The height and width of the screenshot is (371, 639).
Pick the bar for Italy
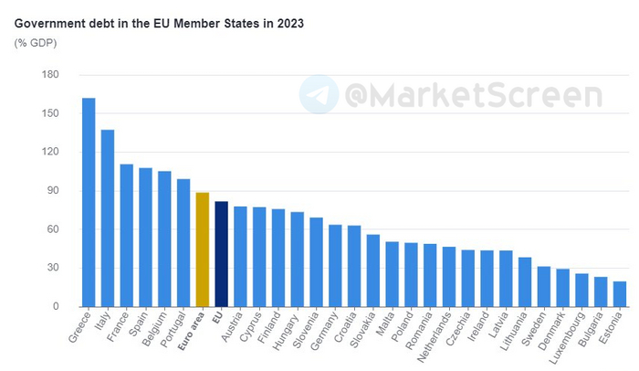point(108,218)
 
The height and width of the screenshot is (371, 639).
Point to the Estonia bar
point(620,293)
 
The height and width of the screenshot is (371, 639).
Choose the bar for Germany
point(335,265)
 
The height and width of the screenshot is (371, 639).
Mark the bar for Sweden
point(544,286)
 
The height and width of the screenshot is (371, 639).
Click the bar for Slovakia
point(373,270)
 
